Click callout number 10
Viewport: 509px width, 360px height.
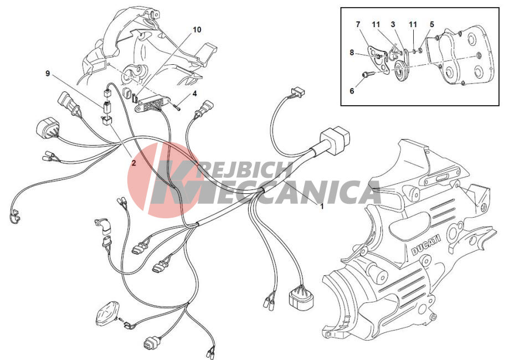point(197,30)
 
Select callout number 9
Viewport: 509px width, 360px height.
point(48,74)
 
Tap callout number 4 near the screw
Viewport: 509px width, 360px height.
point(194,94)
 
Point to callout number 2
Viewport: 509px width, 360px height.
point(133,163)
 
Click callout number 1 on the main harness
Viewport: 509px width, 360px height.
point(322,206)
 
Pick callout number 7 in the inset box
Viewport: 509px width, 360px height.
point(358,24)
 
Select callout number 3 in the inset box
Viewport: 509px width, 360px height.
point(393,24)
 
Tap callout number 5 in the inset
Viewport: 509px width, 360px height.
point(432,24)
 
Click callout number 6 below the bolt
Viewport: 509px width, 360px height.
point(352,91)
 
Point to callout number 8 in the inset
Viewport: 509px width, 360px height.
point(352,52)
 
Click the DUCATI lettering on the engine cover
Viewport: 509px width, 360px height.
point(426,244)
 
